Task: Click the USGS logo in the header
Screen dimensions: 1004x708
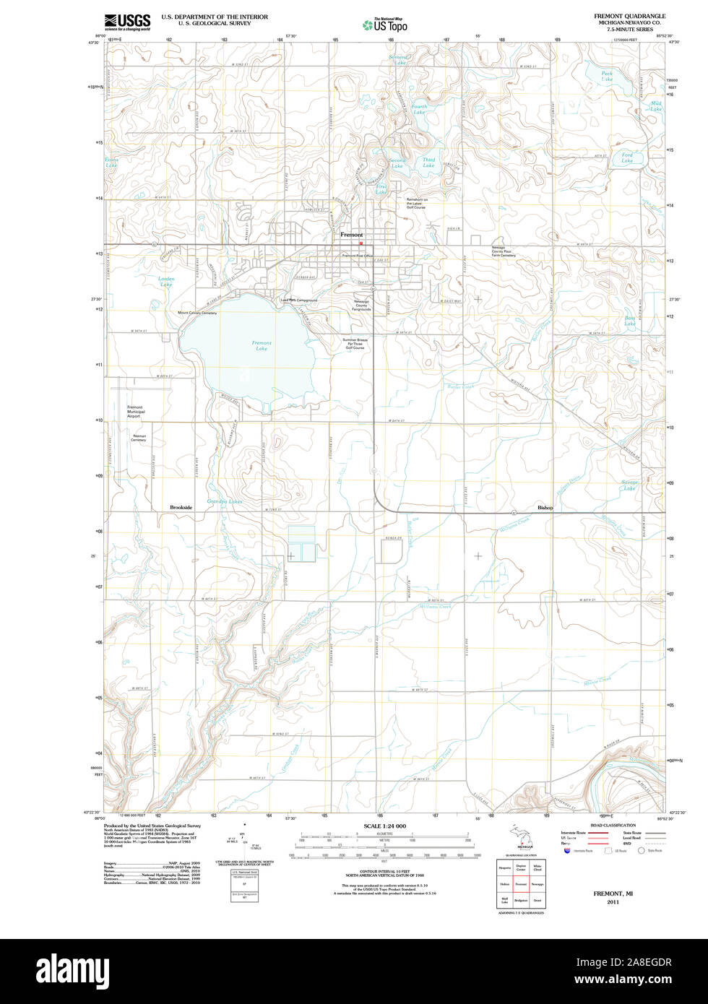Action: point(127,21)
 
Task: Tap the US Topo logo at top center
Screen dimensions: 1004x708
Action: point(385,25)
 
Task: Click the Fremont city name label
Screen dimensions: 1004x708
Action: point(352,235)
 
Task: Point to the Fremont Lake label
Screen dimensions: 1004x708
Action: point(262,346)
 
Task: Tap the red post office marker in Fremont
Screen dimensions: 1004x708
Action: point(361,243)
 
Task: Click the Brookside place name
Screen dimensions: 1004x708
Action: point(181,508)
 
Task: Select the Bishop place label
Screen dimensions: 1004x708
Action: point(545,508)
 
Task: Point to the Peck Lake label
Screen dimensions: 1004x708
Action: point(607,76)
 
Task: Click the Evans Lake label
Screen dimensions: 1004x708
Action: point(111,163)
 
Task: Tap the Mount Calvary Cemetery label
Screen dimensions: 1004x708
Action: point(197,313)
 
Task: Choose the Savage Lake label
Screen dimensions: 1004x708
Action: point(629,485)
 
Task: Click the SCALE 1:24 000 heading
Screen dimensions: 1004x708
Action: point(384,826)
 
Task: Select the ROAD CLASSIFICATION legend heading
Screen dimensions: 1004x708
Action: point(613,825)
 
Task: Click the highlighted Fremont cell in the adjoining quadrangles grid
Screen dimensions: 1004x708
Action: point(520,884)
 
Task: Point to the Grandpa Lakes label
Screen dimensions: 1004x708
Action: point(225,501)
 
